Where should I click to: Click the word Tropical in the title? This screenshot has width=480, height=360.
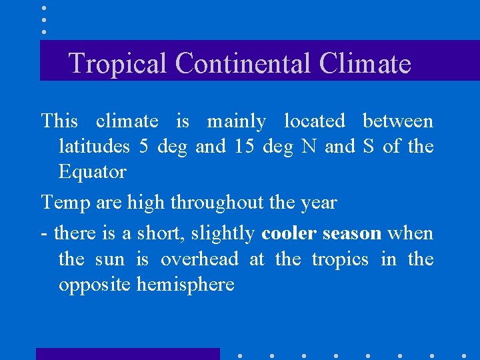118,63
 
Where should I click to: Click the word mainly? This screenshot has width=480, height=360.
236,122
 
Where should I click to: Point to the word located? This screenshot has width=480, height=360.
314,121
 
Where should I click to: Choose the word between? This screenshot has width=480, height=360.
397,121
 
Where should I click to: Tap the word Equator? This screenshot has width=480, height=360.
92,172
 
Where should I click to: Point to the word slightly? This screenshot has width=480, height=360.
223,233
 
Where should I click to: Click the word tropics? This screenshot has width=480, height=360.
339,259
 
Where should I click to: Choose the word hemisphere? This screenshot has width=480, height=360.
185,285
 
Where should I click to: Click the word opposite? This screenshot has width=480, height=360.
95,285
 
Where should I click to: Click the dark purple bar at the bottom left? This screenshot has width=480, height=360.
127,354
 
